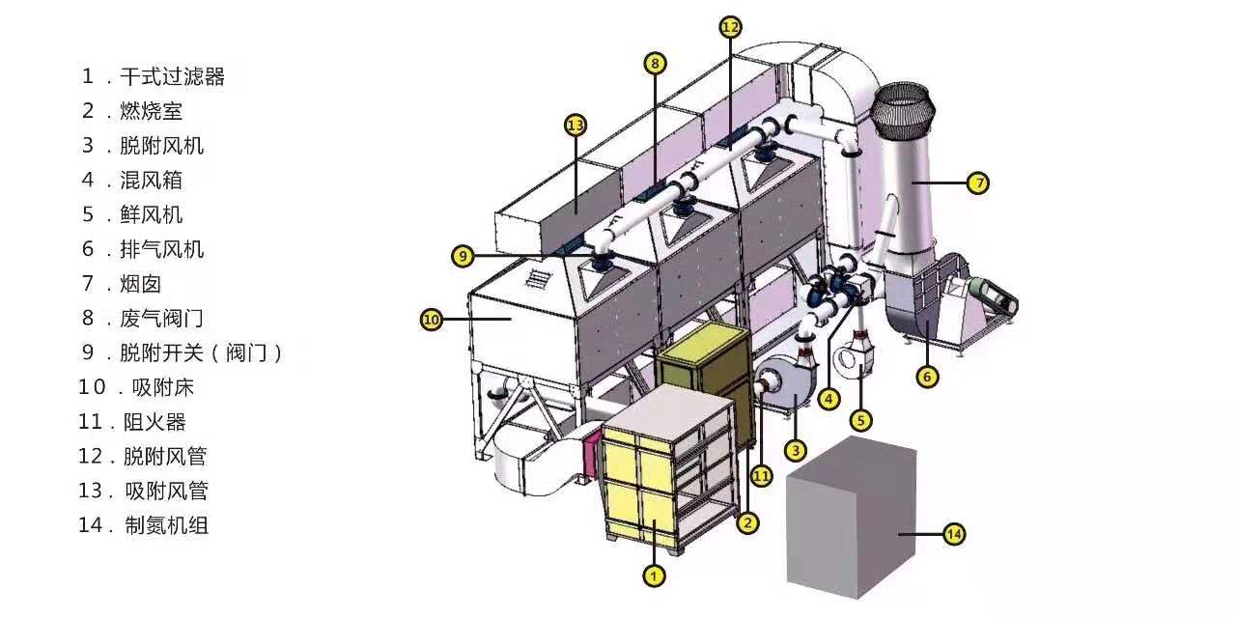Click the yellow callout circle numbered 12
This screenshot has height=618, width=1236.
(x=730, y=27)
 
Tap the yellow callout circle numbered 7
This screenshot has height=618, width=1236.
(x=978, y=183)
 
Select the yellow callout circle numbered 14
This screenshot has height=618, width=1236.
(x=954, y=534)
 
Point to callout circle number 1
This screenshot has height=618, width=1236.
(x=654, y=576)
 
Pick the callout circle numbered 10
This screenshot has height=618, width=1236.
(x=432, y=320)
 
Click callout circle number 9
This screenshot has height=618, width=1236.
(x=463, y=256)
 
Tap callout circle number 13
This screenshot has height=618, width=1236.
(x=576, y=126)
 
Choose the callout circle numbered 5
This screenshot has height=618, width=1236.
(x=860, y=421)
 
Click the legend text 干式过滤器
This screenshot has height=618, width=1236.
(x=172, y=76)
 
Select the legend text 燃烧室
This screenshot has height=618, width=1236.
(x=152, y=111)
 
